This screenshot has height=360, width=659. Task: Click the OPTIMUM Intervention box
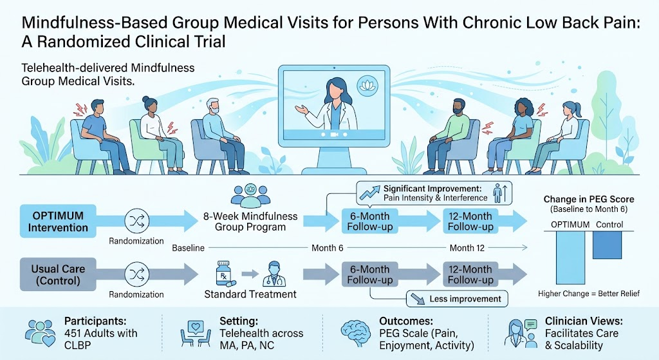tap(58, 221)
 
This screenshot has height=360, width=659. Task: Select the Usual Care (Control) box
tap(58, 274)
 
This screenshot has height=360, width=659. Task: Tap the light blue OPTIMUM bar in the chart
tap(570, 258)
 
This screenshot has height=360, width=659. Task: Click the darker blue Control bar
tap(607, 245)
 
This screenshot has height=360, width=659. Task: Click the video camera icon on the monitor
tap(334, 135)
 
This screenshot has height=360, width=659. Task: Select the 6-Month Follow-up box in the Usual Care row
tap(370, 274)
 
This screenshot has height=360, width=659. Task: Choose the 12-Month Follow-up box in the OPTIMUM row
tap(470, 221)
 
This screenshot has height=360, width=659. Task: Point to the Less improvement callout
tap(457, 299)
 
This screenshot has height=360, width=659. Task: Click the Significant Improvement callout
tap(434, 193)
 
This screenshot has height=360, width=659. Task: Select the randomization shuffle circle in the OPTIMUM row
tap(137, 220)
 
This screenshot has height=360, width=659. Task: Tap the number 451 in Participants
tap(75, 334)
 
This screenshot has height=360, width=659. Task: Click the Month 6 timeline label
tap(328, 248)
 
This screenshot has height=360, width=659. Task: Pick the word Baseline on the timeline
tap(189, 248)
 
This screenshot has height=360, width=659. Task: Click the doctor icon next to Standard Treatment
tap(274, 274)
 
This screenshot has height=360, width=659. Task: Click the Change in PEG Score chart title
tap(589, 200)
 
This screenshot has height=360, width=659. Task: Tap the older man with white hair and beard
tap(216, 135)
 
